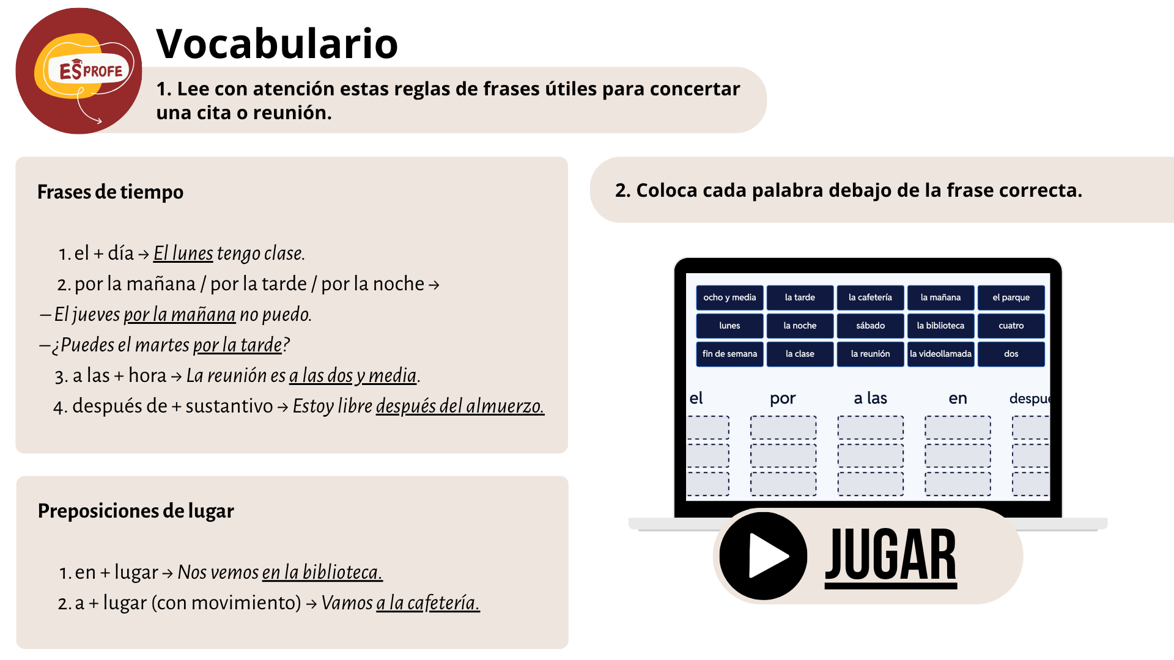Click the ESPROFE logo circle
click(x=79, y=71)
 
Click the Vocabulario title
click(x=277, y=44)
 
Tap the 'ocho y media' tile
click(x=729, y=298)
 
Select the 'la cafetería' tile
click(x=870, y=298)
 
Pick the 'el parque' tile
click(x=1011, y=298)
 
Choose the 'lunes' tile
click(x=729, y=326)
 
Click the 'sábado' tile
click(x=870, y=326)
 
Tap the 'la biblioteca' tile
click(x=940, y=326)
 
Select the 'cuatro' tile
click(x=1011, y=326)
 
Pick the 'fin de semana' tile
click(x=729, y=354)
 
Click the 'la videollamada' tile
click(x=940, y=354)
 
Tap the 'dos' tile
click(x=1011, y=354)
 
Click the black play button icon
click(x=763, y=556)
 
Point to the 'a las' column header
click(x=870, y=398)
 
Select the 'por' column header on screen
click(x=783, y=399)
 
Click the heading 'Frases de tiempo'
click(x=110, y=192)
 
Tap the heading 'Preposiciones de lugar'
click(x=136, y=511)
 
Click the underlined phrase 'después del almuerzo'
click(x=460, y=406)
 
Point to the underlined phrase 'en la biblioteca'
click(x=322, y=573)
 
